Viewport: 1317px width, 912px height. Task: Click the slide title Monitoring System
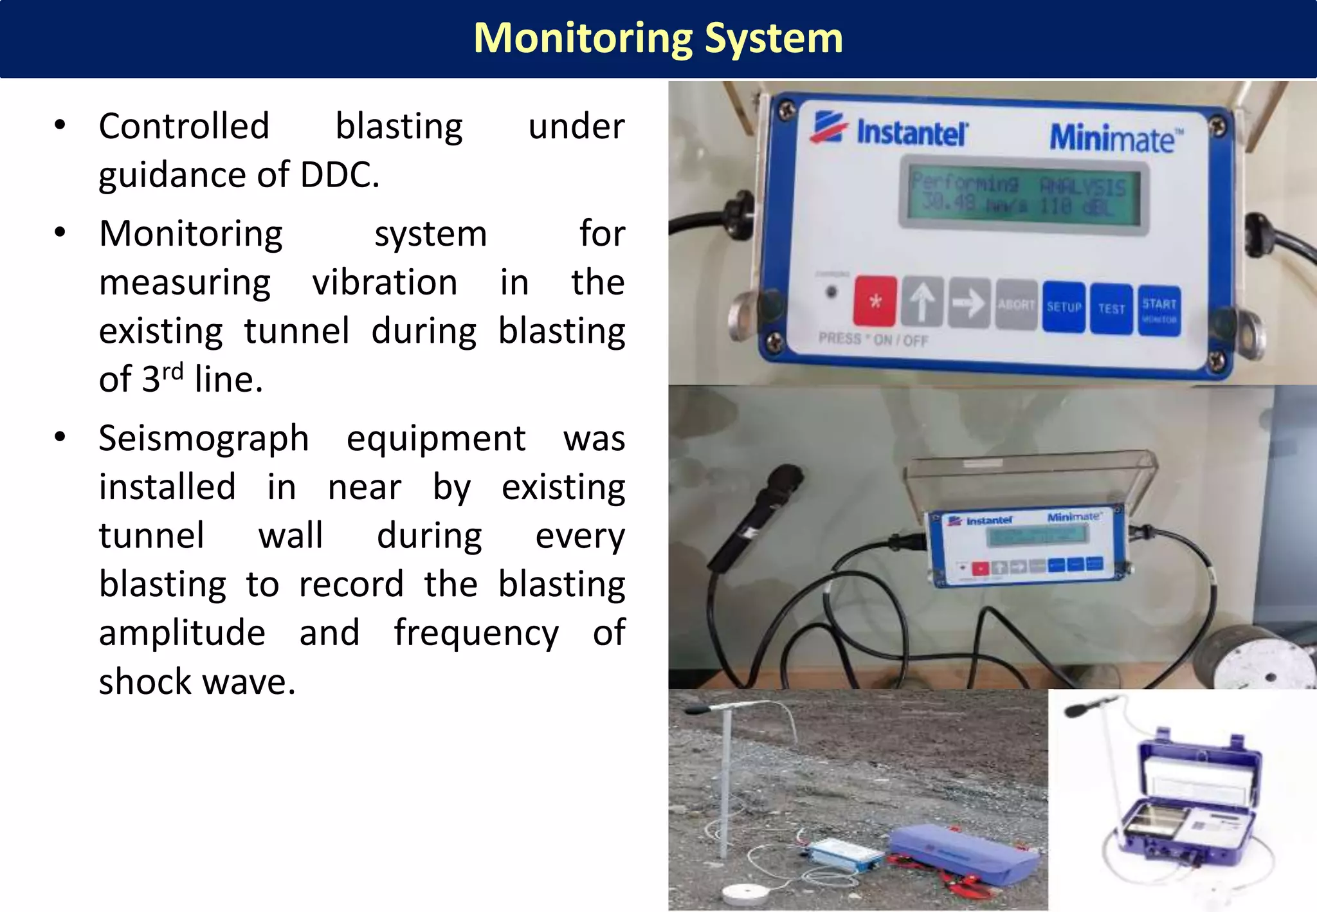(658, 39)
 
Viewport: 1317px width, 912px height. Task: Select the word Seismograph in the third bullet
(204, 439)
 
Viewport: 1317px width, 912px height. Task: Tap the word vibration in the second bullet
(385, 283)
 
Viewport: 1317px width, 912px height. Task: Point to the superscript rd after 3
(172, 372)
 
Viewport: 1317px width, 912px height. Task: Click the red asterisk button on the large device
(875, 301)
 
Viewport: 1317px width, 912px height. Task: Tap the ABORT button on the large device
(1016, 305)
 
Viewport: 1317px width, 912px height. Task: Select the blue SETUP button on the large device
(1064, 307)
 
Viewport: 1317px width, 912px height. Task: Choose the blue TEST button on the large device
(1111, 309)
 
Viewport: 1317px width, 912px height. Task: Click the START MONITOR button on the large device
(1159, 311)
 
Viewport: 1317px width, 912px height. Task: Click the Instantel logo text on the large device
(911, 132)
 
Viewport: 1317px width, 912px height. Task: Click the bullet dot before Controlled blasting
(60, 125)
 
